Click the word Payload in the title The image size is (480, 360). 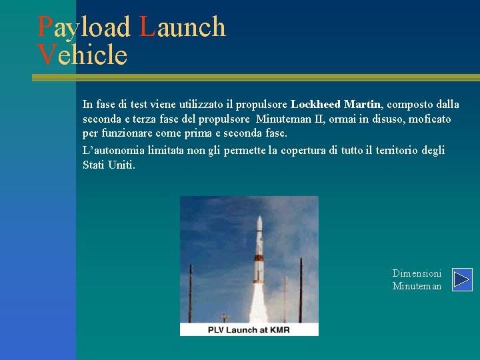click(84, 27)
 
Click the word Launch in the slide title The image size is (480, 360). click(183, 27)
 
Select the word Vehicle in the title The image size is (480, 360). click(83, 55)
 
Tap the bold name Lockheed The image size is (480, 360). click(316, 105)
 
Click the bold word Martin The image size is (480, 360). click(362, 105)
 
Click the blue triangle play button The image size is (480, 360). click(462, 279)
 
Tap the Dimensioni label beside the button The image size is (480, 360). click(417, 273)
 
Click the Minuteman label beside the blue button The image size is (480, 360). click(417, 286)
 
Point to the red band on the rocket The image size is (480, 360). click(258, 259)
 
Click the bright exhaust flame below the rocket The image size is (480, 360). click(258, 303)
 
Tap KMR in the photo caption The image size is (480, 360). click(279, 330)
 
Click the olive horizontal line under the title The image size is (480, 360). click(253, 77)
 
